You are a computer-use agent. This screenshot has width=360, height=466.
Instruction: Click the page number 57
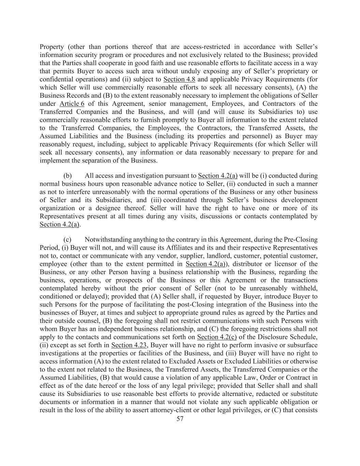180,419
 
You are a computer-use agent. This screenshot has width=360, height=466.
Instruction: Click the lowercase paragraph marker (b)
68,176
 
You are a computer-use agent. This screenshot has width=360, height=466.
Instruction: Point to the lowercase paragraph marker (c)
68,240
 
